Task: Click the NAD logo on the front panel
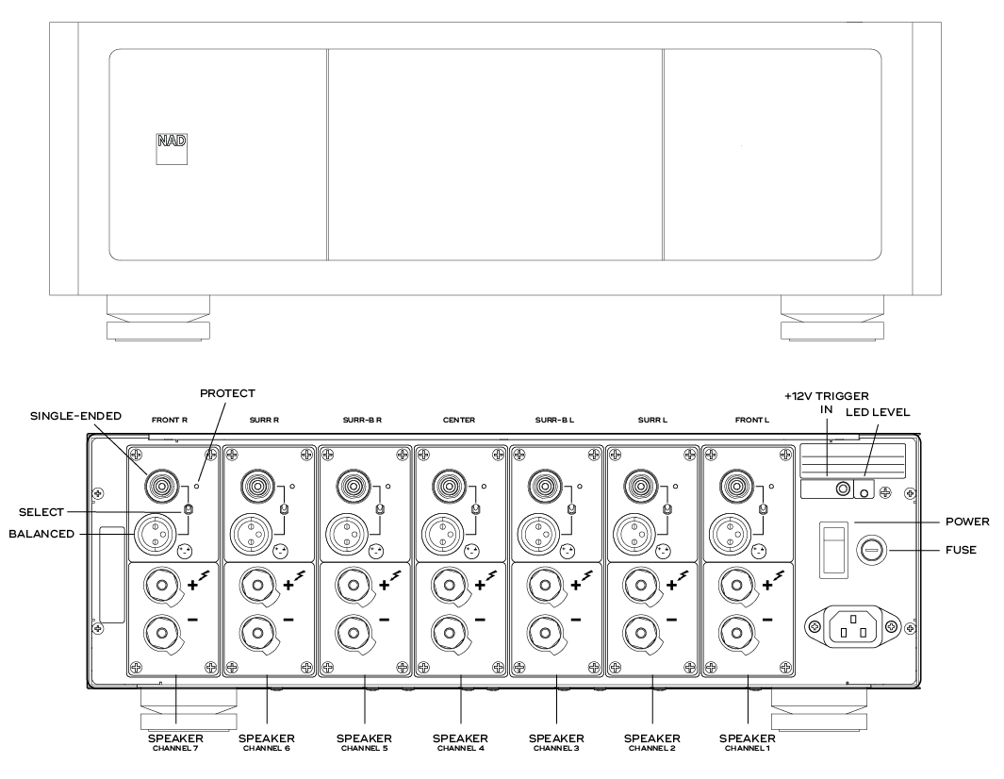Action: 171,150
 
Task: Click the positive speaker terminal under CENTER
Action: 451,586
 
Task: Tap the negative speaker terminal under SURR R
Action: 256,632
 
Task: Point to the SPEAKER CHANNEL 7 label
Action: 172,741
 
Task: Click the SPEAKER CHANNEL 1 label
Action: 747,741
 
